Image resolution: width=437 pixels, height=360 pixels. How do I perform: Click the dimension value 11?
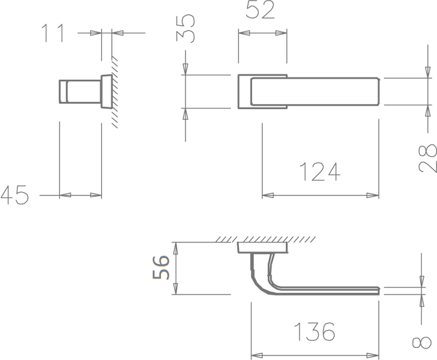coord(53,33)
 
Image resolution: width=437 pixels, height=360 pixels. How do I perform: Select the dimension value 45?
coord(14,195)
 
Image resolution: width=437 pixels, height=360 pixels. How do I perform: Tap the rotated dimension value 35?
coord(186,28)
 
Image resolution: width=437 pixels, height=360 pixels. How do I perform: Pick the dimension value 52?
coord(261,10)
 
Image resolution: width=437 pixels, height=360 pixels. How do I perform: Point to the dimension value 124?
coord(320,172)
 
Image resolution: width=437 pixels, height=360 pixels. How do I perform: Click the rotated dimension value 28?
coord(428,158)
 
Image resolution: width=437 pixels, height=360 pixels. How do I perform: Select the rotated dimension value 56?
coord(161,268)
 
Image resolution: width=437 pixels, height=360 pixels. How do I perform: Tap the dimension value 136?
coord(315,332)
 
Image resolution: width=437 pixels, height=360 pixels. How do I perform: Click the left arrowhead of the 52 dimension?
coord(244,33)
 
